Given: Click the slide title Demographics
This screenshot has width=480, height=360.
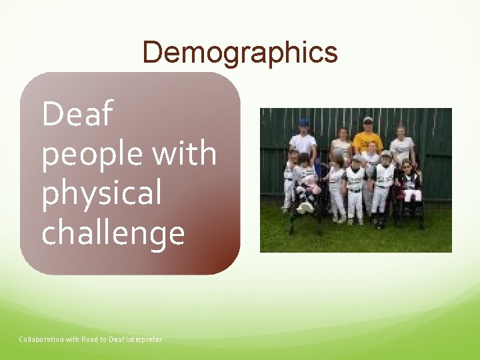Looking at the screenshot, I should (239, 52).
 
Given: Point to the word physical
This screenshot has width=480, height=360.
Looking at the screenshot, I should (101, 194).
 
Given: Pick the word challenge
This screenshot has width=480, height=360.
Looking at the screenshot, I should (113, 234).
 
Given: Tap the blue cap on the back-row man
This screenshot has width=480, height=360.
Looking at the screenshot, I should (305, 122).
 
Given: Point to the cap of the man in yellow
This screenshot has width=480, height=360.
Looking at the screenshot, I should (368, 120).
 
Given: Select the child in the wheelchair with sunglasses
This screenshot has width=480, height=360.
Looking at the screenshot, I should (408, 180).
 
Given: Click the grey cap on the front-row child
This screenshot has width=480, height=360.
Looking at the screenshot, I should (385, 154).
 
